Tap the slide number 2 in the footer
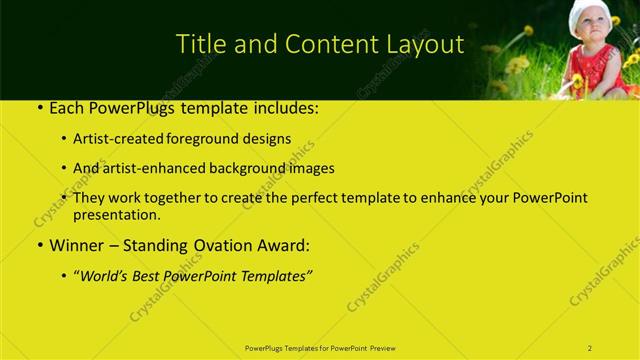pyautogui.click(x=590, y=348)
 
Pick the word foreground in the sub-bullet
pyautogui.click(x=217, y=139)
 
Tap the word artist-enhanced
pyautogui.click(x=162, y=168)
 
